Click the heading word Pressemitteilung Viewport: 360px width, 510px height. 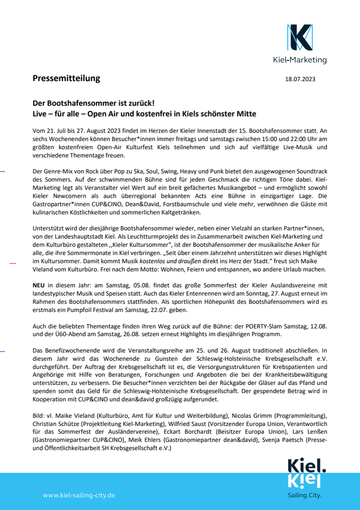click(66, 78)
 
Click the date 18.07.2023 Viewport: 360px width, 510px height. click(300, 79)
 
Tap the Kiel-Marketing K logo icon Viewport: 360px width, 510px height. click(300, 37)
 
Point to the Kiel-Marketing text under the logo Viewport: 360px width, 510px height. click(300, 60)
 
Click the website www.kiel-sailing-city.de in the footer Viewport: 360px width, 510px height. click(79, 495)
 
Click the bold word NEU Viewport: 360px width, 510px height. click(39, 286)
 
